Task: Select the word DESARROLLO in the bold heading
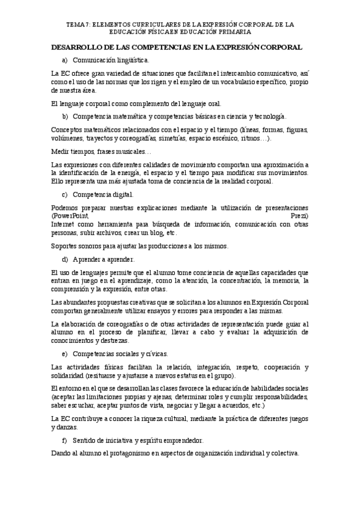77,47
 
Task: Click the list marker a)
64,60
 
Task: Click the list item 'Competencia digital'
103,194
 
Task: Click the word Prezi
299,215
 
